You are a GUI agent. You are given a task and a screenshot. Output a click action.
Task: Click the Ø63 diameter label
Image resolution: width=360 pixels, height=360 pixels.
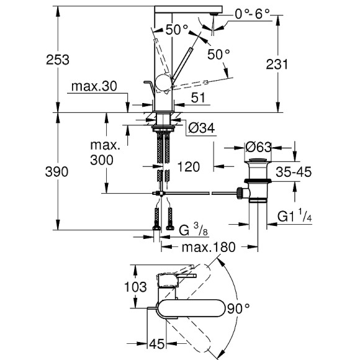253,147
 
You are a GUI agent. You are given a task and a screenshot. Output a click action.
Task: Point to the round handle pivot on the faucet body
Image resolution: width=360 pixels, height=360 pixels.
164,81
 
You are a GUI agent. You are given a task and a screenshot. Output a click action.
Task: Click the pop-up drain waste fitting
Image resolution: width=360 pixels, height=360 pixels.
255,182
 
